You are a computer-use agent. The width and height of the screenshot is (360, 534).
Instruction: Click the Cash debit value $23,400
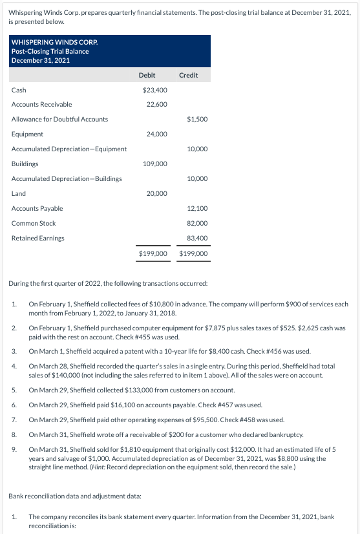[x=155, y=90]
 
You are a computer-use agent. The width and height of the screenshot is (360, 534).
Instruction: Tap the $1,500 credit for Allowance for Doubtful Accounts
[x=197, y=119]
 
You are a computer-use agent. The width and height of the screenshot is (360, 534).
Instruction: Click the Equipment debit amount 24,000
[x=157, y=134]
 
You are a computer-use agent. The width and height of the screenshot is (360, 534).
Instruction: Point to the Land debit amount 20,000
[x=157, y=193]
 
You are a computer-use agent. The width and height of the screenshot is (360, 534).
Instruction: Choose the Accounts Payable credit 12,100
[x=197, y=208]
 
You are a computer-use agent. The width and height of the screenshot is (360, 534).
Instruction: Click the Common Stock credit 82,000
[x=197, y=223]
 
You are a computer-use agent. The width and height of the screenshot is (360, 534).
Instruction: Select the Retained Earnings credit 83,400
[x=197, y=238]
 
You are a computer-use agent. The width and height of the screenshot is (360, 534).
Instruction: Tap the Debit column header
[x=147, y=75]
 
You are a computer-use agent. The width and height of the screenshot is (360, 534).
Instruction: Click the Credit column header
[x=188, y=75]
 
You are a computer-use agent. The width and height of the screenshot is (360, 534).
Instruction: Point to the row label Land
[x=18, y=193]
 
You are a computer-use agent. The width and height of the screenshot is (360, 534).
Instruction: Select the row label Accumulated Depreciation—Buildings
[x=67, y=178]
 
